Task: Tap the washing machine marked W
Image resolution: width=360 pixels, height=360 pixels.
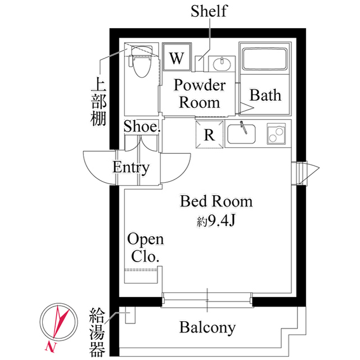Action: (177, 57)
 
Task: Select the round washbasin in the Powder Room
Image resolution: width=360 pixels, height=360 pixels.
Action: (222, 64)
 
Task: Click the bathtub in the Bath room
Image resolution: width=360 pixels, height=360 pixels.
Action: (265, 59)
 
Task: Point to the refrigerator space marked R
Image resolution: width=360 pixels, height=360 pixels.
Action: (209, 134)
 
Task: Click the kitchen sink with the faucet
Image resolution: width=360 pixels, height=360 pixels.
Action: (241, 134)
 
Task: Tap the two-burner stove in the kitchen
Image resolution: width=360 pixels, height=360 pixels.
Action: (276, 134)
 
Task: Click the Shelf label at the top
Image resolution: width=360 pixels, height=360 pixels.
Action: (209, 11)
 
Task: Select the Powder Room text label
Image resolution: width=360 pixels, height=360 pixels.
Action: (200, 94)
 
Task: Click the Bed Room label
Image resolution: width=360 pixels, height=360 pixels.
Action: (216, 201)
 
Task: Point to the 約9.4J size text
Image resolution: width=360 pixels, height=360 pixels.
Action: (216, 221)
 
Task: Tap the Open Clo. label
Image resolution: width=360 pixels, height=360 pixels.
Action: (146, 247)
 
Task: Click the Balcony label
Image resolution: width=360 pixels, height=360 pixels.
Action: (208, 328)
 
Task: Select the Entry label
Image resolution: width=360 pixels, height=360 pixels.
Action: (131, 168)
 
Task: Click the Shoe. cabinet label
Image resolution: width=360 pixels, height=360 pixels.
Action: (142, 126)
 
